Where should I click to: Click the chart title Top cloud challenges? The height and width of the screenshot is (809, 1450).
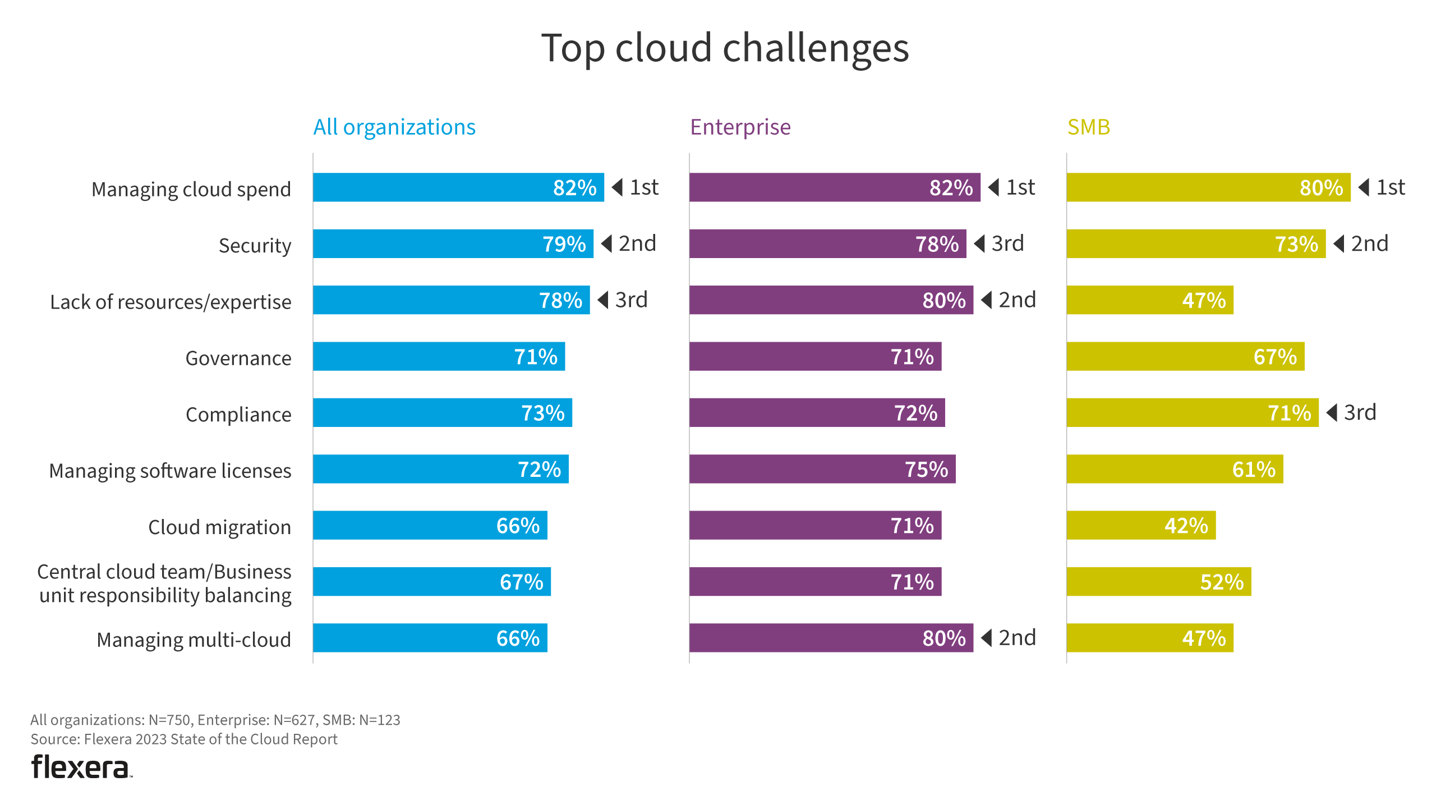pyautogui.click(x=724, y=48)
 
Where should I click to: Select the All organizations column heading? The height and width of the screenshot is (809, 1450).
pyautogui.click(x=394, y=127)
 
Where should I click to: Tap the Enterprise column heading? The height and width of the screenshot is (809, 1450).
pyautogui.click(x=740, y=127)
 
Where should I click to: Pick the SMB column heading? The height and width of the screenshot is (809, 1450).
pyautogui.click(x=1088, y=127)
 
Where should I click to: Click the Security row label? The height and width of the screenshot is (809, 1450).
pyautogui.click(x=255, y=246)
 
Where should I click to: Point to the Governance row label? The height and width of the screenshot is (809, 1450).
pyautogui.click(x=238, y=358)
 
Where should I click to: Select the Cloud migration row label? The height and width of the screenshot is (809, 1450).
pyautogui.click(x=219, y=527)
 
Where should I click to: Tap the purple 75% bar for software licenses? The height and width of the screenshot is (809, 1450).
pyautogui.click(x=822, y=469)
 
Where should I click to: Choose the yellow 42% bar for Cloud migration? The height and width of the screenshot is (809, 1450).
pyautogui.click(x=1140, y=525)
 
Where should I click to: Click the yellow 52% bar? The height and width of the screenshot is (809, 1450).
pyautogui.click(x=1158, y=582)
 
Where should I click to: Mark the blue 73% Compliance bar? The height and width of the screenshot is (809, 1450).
pyautogui.click(x=442, y=413)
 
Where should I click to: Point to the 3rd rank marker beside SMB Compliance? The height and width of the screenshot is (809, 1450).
pyautogui.click(x=1351, y=413)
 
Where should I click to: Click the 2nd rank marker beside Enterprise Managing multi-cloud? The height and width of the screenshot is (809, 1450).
pyautogui.click(x=1008, y=638)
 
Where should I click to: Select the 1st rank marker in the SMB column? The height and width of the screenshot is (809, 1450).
pyautogui.click(x=1382, y=187)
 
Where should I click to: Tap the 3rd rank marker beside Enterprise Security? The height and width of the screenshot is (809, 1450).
pyautogui.click(x=998, y=244)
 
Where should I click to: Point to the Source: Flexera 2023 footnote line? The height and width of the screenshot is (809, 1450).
pyautogui.click(x=183, y=739)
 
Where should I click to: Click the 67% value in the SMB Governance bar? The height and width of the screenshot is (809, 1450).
pyautogui.click(x=1274, y=357)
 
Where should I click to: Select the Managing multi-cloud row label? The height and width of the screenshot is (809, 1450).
pyautogui.click(x=194, y=640)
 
